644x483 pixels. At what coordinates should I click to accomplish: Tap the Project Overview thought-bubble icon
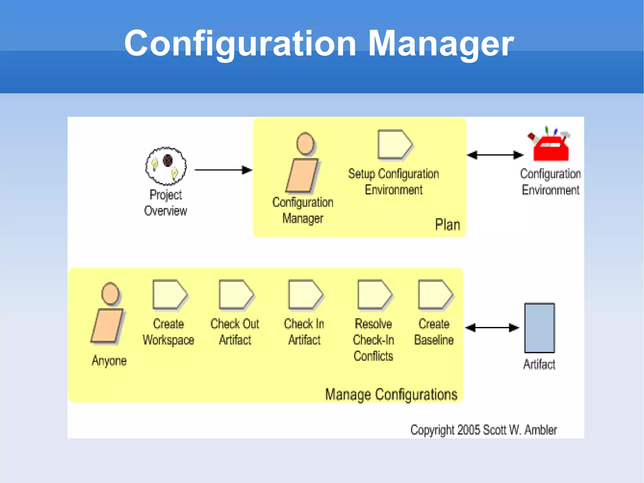point(166,166)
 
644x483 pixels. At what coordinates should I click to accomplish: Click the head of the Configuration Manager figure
point(305,143)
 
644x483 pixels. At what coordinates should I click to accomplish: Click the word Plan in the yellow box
point(447,225)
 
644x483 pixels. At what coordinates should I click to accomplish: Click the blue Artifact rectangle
point(539,328)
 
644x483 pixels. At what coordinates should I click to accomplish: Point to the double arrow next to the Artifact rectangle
point(492,328)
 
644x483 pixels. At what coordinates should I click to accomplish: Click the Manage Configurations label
point(391,394)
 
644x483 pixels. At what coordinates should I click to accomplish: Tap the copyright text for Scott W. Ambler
point(483,430)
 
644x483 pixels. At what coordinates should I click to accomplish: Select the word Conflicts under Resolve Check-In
point(373,356)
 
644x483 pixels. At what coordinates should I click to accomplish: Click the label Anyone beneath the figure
point(109,361)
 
